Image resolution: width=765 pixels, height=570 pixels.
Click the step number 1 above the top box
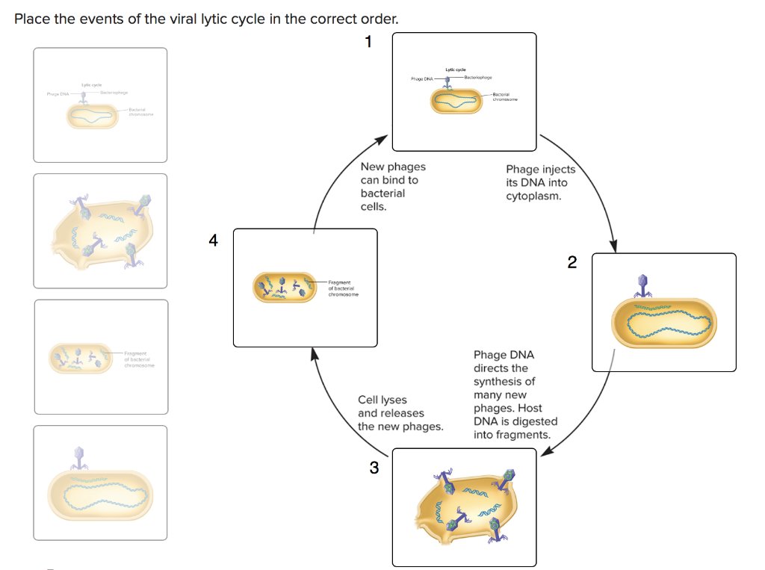368,42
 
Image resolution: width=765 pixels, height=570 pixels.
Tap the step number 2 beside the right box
572,262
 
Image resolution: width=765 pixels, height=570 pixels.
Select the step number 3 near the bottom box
374,468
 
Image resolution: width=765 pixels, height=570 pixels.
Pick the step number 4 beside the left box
214,241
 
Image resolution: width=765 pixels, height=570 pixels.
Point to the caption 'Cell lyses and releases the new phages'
400,413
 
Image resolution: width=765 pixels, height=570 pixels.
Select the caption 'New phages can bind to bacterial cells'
392,187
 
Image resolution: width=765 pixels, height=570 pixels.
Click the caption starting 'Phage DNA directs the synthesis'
515,394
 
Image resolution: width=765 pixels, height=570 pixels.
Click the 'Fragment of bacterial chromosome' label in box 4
343,288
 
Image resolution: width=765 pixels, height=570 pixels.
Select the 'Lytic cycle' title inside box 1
456,69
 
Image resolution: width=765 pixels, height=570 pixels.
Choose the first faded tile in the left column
100,105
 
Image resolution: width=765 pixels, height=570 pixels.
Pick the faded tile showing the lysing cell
100,231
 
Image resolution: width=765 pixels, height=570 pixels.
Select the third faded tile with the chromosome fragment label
100,356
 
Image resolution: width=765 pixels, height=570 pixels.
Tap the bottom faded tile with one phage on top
100,483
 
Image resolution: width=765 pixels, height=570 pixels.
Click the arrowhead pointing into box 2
615,246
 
